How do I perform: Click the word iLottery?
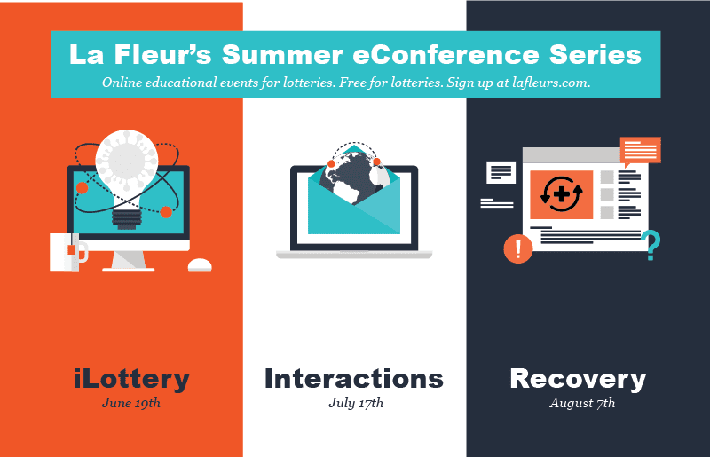point(131,379)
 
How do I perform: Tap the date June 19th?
point(131,403)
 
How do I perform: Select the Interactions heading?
point(354,379)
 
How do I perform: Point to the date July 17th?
point(354,403)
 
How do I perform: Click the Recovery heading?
point(578,379)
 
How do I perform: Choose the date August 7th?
point(582,403)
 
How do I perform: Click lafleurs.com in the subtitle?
point(549,82)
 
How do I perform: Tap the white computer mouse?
point(200,264)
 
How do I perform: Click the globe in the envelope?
point(355,175)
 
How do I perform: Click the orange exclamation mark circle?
point(517,248)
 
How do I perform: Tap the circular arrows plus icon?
point(561,194)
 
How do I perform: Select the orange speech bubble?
point(640,150)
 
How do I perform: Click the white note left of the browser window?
point(501,172)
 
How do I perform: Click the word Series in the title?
point(600,54)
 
